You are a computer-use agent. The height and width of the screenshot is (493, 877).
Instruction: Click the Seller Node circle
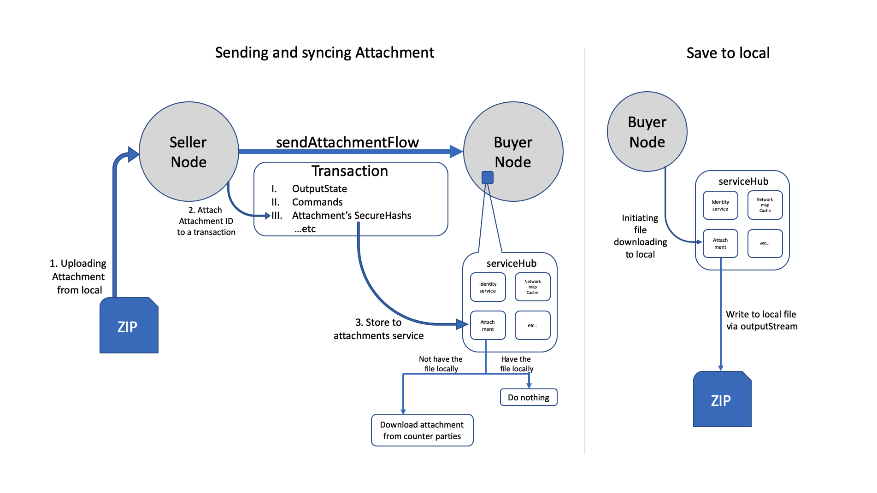(x=188, y=152)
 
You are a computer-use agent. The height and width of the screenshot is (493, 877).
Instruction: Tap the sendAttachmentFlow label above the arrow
(x=347, y=142)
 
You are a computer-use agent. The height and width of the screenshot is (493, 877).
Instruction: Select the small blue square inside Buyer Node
(x=487, y=177)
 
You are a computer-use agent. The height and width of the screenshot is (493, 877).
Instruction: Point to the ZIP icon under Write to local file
(x=722, y=399)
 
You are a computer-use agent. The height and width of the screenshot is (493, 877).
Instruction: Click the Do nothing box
(x=528, y=397)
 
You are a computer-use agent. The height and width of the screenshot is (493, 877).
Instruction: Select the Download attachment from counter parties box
(x=422, y=430)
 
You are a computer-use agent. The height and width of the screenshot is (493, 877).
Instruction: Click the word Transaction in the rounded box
(x=349, y=171)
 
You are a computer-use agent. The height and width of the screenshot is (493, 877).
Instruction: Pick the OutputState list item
(x=319, y=189)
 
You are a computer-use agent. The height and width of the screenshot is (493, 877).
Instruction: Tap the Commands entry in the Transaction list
(x=317, y=202)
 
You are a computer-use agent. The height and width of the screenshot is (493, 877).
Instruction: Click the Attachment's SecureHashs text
(x=351, y=216)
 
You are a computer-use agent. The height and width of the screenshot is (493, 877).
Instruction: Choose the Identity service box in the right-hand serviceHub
(x=720, y=205)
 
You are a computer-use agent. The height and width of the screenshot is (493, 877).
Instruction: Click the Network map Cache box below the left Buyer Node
(x=532, y=287)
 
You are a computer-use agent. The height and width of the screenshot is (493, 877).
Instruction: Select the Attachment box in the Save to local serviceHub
(x=720, y=244)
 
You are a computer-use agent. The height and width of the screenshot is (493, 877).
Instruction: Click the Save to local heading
(x=728, y=53)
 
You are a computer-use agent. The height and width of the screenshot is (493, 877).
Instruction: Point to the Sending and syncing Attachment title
(x=324, y=53)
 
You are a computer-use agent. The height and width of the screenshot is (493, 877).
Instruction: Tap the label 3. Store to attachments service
(x=378, y=329)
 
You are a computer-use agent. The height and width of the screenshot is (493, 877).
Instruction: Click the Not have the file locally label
(x=441, y=364)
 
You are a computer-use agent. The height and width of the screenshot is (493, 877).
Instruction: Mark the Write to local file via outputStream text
(x=761, y=320)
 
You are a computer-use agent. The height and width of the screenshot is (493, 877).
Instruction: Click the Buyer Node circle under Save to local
(x=647, y=132)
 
